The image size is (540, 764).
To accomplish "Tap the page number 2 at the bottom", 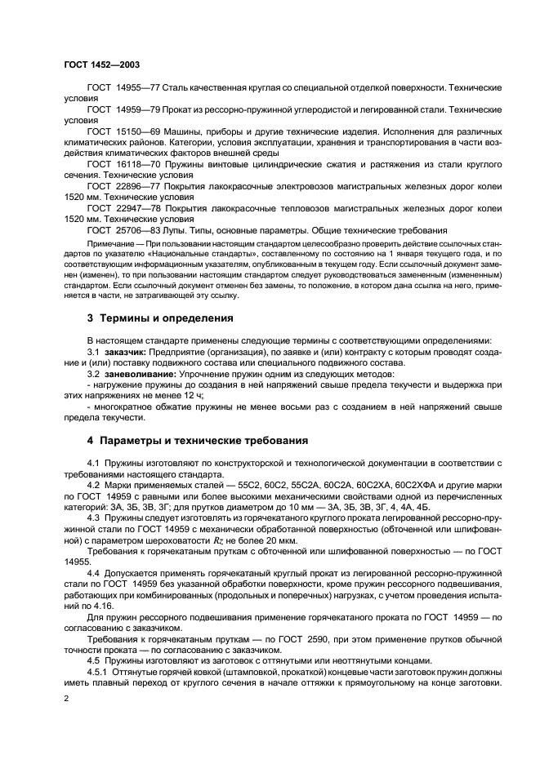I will coord(66,700).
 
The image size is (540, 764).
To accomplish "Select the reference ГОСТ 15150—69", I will coord(123,131).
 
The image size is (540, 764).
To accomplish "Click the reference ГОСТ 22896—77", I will coord(123,186).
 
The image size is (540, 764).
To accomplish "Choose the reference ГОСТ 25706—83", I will coord(123,230).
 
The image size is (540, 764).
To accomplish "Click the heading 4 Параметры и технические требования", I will coord(197,441).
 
